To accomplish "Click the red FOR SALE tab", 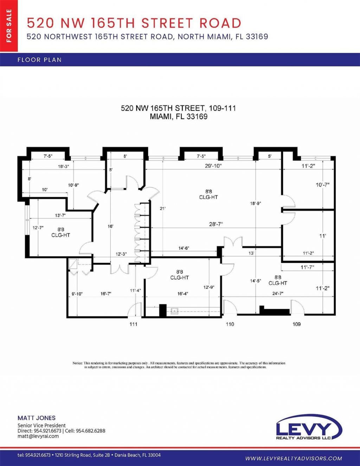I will point(9,26).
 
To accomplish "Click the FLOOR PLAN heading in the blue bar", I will point(39,60).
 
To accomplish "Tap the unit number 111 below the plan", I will point(133,324).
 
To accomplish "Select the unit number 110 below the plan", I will point(230,324).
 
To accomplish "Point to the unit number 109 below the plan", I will point(297,324).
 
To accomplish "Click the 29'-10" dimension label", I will point(213,166).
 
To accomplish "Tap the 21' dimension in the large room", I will point(162,208).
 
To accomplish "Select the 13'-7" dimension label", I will point(60,215).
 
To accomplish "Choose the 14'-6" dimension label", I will point(184,248).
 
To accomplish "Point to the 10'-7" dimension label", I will point(322,185).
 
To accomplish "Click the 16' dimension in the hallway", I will point(110,226).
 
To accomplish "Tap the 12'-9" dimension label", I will point(209,287).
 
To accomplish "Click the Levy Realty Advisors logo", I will point(308,427).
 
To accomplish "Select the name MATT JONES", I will point(37,418).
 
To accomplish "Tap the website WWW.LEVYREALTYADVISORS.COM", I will point(294,458).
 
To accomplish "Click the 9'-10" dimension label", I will point(77,294).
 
